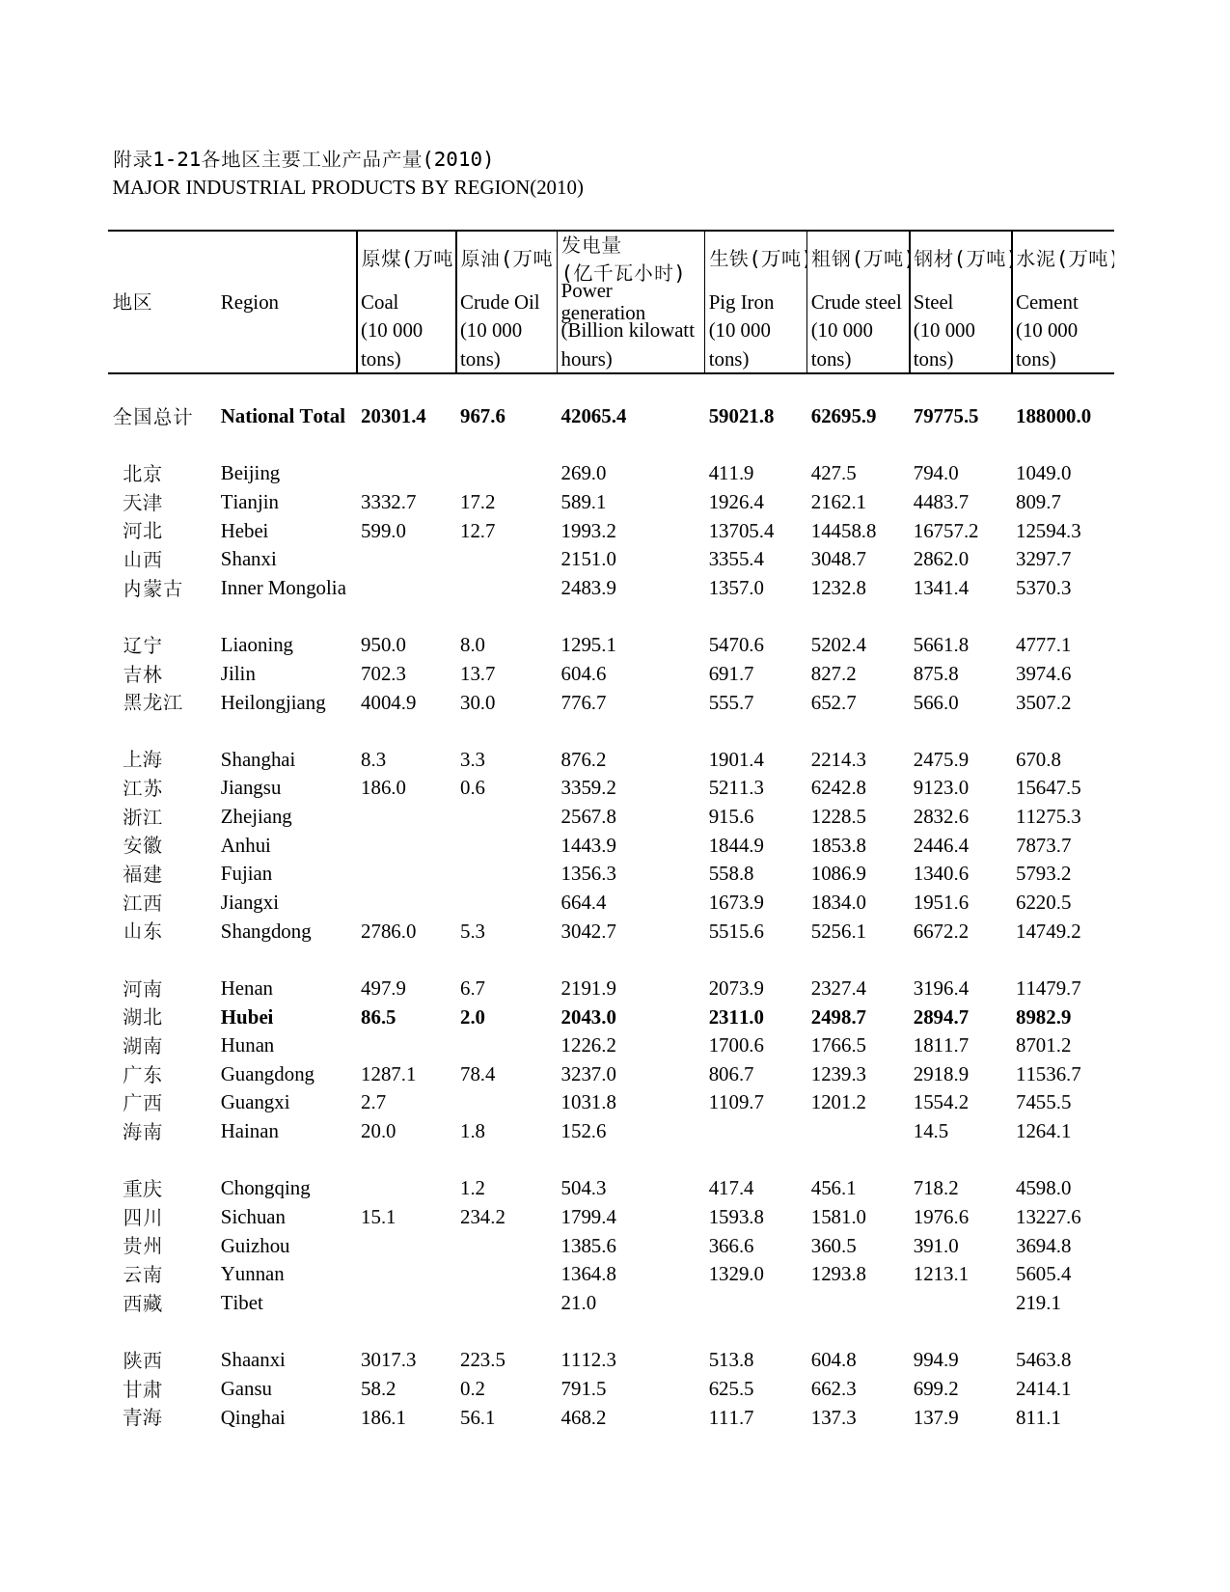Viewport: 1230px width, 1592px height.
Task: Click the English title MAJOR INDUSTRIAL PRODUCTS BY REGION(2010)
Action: (347, 187)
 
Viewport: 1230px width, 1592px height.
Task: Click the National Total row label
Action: (282, 416)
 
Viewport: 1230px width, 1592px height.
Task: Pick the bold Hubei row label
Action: (246, 1017)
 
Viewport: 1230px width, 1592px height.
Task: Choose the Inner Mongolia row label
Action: (283, 588)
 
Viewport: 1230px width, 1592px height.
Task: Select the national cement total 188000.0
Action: (1052, 416)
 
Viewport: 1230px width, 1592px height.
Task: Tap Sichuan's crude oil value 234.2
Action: (482, 1217)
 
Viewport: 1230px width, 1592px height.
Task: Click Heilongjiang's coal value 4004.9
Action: (388, 702)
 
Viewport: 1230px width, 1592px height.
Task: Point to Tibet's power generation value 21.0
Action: (578, 1303)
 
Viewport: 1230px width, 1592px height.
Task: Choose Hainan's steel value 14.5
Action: (930, 1131)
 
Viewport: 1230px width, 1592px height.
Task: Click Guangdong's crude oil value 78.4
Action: (478, 1074)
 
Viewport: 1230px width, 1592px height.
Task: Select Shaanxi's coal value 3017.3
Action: (388, 1359)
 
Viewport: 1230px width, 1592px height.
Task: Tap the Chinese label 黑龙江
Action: (152, 702)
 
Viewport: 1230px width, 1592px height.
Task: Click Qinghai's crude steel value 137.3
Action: (834, 1417)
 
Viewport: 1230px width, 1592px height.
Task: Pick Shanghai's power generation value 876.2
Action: (584, 759)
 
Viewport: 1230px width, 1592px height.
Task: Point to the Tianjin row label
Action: (249, 502)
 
